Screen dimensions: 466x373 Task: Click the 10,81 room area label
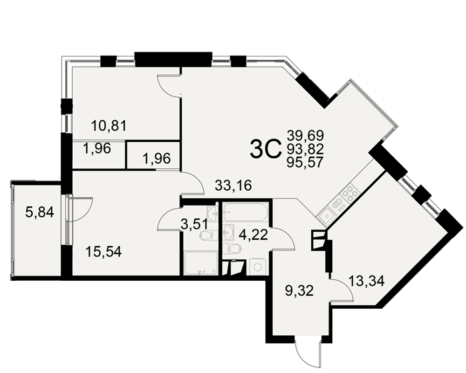(x=109, y=125)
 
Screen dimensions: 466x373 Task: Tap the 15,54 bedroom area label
(x=103, y=252)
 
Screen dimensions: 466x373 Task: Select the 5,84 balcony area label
(x=40, y=213)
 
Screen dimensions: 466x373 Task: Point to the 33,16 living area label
(x=233, y=186)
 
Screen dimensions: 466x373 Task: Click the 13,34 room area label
(x=367, y=281)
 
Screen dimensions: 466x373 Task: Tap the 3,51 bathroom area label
(x=195, y=225)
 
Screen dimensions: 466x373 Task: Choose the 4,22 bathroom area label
(x=254, y=235)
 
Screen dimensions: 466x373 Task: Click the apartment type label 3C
(x=266, y=150)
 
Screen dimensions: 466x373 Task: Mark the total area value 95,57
(x=305, y=162)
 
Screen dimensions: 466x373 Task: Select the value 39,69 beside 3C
(x=305, y=136)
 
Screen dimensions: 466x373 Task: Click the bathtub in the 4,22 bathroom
(x=246, y=213)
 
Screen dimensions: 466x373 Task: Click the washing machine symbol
(x=258, y=267)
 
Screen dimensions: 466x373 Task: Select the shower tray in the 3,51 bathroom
(x=201, y=263)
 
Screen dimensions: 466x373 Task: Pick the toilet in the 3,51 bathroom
(x=207, y=235)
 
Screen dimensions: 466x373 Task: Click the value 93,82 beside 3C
(x=305, y=149)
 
